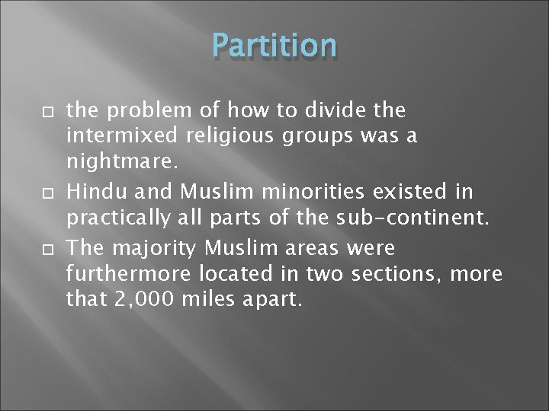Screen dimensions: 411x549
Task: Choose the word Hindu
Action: click(91, 189)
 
